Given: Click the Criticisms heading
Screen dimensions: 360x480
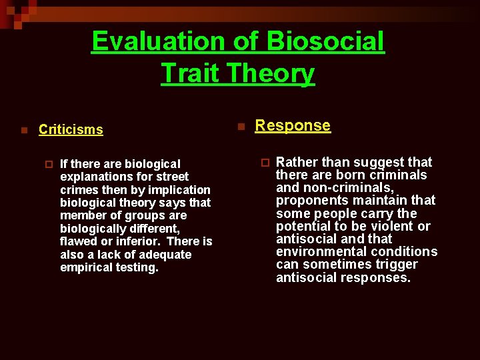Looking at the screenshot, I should coord(71,129).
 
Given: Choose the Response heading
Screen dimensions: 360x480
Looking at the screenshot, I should coord(293,125).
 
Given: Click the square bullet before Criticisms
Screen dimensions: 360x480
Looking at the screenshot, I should coord(23,130).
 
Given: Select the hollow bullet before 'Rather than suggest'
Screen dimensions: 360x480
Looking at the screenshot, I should coord(264,162).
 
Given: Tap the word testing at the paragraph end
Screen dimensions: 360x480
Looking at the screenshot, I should coord(138,267).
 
